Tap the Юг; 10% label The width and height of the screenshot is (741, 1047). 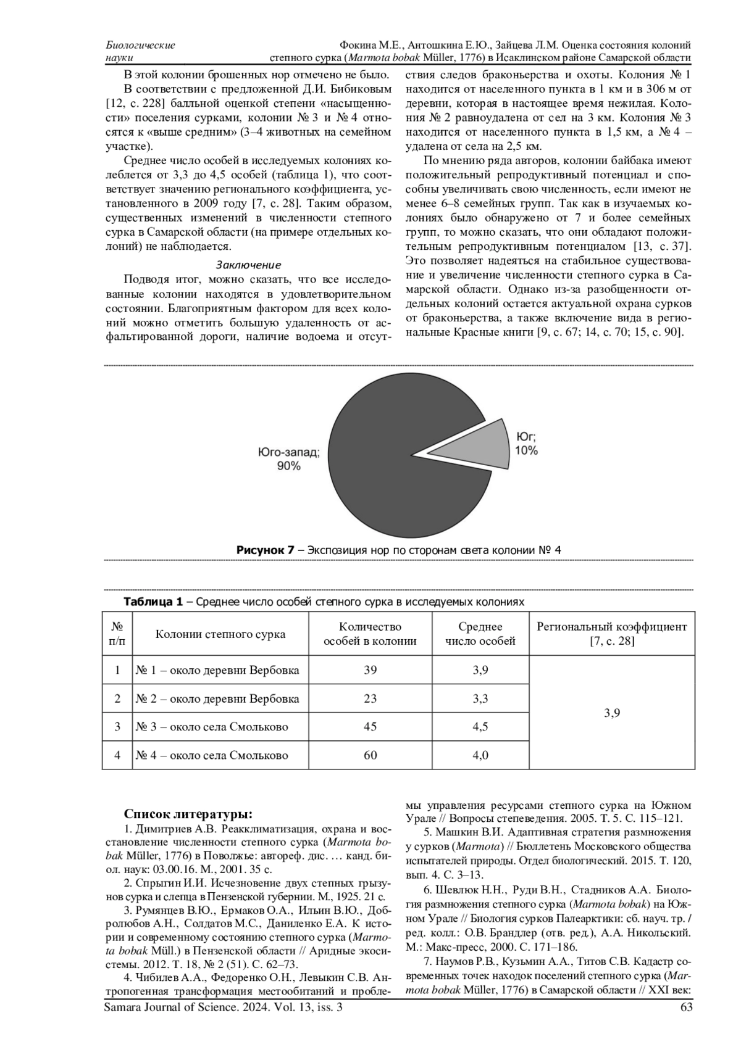(x=526, y=444)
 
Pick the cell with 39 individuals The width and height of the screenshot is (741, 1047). (x=370, y=670)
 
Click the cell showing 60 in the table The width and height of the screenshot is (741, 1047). (x=370, y=755)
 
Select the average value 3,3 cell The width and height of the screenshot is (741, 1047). (x=480, y=698)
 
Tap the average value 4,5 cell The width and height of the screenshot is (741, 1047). (x=480, y=727)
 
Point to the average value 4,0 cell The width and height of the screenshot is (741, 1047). (x=480, y=755)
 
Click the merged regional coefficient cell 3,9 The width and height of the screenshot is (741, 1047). (x=611, y=713)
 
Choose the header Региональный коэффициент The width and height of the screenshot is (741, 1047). (x=611, y=627)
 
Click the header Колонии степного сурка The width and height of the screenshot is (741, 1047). (x=220, y=634)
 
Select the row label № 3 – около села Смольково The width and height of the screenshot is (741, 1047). (x=212, y=727)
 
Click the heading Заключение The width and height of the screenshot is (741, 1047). (x=248, y=265)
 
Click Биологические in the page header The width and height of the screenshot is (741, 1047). (x=141, y=45)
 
